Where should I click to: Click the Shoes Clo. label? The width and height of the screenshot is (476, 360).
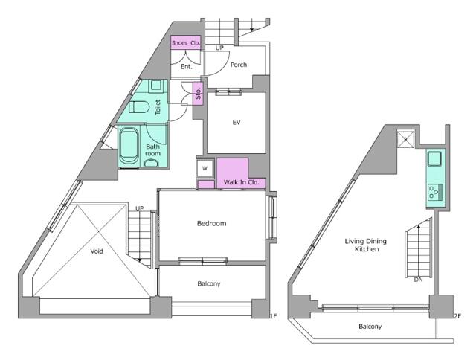point(186,43)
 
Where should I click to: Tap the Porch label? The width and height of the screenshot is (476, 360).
point(239,65)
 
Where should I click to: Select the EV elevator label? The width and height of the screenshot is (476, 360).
point(237,122)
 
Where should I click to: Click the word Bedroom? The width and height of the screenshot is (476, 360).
point(211,223)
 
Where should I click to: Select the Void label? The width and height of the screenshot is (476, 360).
point(97,251)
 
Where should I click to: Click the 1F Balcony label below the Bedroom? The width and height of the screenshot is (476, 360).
point(208,283)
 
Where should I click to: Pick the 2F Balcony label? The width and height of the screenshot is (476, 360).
point(370,327)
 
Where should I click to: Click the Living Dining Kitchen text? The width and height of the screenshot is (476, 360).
point(367,245)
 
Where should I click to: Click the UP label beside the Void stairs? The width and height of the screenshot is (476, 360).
point(140,208)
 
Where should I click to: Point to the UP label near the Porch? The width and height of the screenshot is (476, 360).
point(219,48)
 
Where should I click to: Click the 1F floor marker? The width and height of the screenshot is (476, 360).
point(273,316)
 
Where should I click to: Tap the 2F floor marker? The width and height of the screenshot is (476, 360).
point(457,316)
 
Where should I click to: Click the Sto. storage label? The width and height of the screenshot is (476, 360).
point(199,94)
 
